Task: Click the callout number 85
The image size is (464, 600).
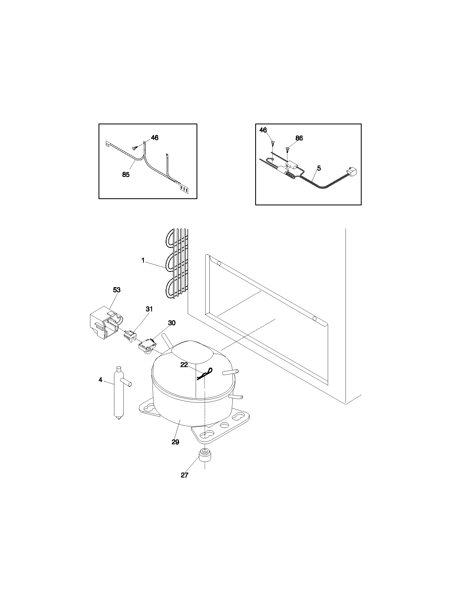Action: coord(126,175)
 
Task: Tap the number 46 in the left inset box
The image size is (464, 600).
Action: coord(154,138)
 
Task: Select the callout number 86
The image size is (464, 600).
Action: coord(299,138)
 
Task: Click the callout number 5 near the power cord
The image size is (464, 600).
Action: coord(319,168)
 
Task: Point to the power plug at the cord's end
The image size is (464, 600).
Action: coord(352,172)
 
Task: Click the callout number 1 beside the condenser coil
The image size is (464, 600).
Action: coord(143,260)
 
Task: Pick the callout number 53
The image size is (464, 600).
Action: coord(117,290)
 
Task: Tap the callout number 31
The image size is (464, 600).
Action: coord(149,309)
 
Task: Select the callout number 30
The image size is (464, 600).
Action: coord(171,323)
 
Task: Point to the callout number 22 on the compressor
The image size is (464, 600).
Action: coord(184,365)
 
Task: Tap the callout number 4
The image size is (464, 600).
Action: coord(100,380)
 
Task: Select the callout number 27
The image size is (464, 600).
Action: coord(185,475)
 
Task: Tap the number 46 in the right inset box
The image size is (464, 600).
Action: coord(263,130)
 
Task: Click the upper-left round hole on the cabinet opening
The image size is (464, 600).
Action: coord(219,264)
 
